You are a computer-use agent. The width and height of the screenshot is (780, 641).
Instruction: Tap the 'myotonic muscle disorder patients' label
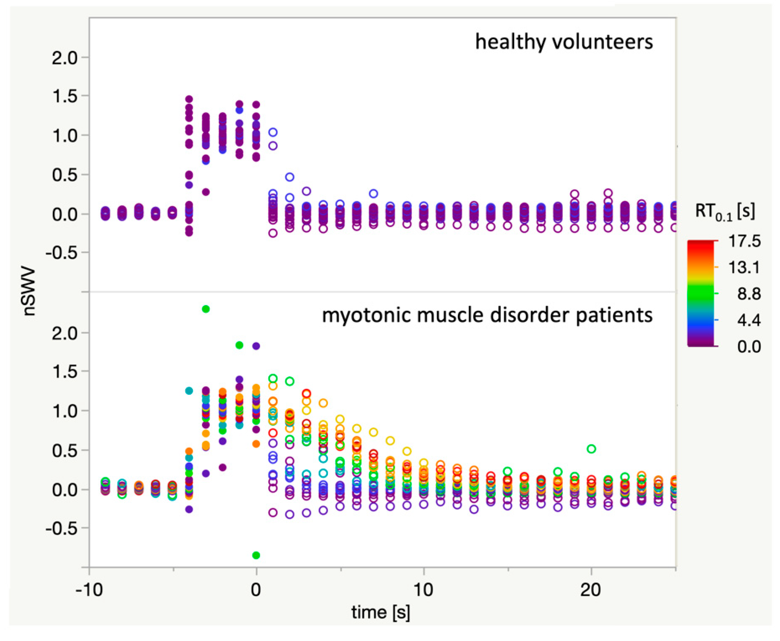(x=487, y=315)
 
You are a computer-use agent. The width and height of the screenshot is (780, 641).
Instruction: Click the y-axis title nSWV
(x=29, y=292)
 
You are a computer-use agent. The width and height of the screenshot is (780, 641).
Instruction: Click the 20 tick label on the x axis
(x=590, y=590)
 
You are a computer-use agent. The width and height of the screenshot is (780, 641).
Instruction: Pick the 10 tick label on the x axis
(x=423, y=590)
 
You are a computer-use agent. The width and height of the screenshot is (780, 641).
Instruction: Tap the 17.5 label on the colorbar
(x=744, y=241)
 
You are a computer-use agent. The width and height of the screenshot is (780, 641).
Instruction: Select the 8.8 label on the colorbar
(x=749, y=294)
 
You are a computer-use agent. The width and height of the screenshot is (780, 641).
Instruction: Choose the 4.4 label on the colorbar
(x=749, y=320)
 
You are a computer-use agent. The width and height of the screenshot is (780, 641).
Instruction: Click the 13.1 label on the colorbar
(x=744, y=267)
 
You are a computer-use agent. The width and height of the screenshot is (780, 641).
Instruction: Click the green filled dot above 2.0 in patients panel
(x=206, y=309)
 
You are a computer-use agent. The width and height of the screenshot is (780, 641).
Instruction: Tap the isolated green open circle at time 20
(x=591, y=449)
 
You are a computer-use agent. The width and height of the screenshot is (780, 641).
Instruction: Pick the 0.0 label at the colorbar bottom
(x=749, y=346)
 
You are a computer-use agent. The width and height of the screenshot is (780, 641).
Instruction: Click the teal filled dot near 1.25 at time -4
(x=189, y=391)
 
